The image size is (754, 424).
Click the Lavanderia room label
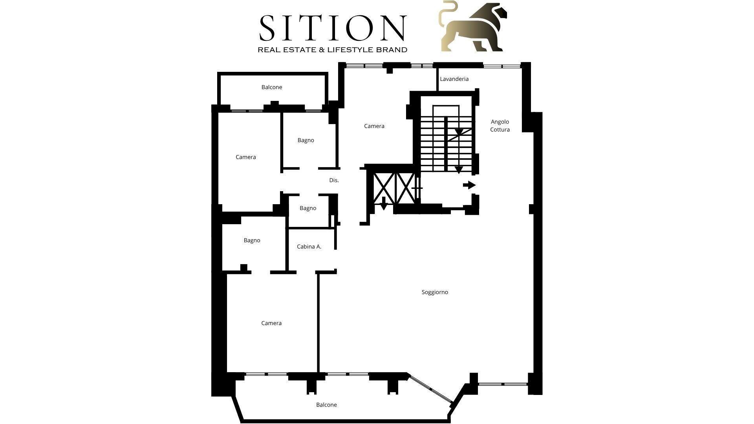tap(454, 79)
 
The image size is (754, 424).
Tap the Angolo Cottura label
tap(500, 126)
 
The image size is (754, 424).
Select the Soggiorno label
tap(435, 292)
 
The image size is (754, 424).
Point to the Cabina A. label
tap(309, 247)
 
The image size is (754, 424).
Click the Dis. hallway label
tap(334, 180)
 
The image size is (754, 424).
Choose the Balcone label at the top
tap(272, 87)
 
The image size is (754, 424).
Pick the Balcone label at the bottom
tap(326, 405)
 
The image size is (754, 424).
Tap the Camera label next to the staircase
tap(374, 126)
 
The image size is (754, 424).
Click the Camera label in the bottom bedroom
tap(271, 323)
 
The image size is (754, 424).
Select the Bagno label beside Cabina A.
tap(252, 240)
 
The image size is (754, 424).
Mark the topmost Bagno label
tap(306, 140)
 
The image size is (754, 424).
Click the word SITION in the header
tap(332, 28)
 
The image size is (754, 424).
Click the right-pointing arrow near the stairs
tap(469, 185)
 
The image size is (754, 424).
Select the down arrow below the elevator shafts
tap(384, 203)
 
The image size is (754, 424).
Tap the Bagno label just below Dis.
tap(308, 208)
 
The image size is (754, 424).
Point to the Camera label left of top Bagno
tap(246, 157)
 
